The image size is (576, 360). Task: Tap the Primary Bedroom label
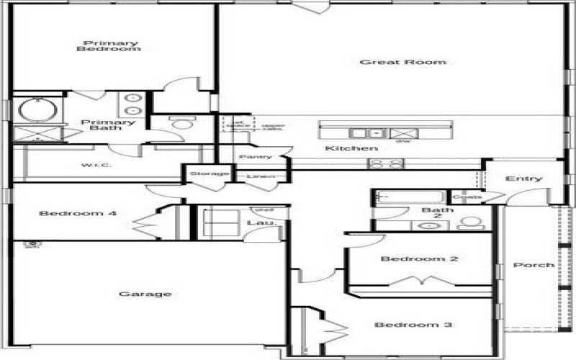(x=108, y=46)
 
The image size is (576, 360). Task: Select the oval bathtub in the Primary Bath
(x=32, y=109)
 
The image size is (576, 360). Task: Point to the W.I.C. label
(x=94, y=166)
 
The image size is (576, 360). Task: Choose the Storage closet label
(x=209, y=174)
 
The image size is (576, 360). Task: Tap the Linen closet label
(x=260, y=176)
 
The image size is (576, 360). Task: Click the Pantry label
(x=255, y=157)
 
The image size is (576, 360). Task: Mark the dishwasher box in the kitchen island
(x=402, y=132)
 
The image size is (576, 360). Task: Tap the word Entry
(x=523, y=179)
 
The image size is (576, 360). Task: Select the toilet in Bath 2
(x=471, y=222)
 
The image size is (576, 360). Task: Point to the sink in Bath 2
(x=429, y=225)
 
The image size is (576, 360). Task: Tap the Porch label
(x=534, y=265)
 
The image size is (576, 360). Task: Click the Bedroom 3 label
(x=413, y=325)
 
